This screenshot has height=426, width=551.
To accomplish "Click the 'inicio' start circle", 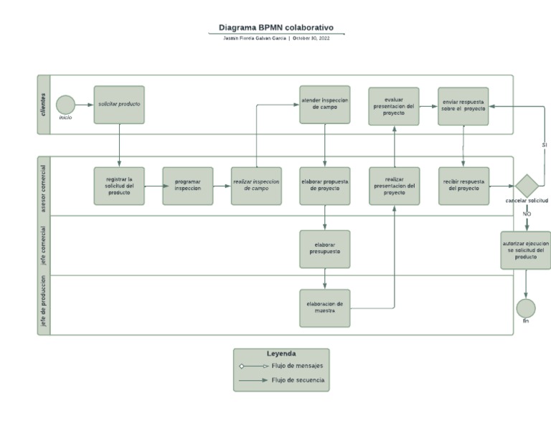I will pyautogui.click(x=65, y=105).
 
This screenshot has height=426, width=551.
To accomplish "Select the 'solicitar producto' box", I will pyautogui.click(x=119, y=105).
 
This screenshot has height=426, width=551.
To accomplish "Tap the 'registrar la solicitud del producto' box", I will pyautogui.click(x=119, y=186).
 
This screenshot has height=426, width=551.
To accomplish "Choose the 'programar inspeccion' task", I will pyautogui.click(x=188, y=186).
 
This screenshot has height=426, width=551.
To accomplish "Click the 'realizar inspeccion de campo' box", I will pyautogui.click(x=256, y=186).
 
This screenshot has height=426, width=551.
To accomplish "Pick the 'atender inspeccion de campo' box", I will pyautogui.click(x=325, y=105).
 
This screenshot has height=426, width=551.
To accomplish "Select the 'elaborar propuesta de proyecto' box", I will pyautogui.click(x=325, y=186).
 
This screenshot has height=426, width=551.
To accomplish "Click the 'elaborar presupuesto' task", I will pyautogui.click(x=325, y=249).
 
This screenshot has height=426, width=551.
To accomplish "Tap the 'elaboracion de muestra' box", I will pyautogui.click(x=325, y=308).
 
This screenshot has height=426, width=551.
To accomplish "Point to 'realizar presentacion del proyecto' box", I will pyautogui.click(x=394, y=186).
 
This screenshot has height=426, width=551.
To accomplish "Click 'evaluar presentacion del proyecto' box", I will pyautogui.click(x=394, y=106).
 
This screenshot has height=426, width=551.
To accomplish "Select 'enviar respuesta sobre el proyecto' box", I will pyautogui.click(x=463, y=106).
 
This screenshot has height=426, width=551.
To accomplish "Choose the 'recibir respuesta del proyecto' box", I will pyautogui.click(x=463, y=186).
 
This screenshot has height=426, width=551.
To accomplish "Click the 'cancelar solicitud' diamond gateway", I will pyautogui.click(x=527, y=185).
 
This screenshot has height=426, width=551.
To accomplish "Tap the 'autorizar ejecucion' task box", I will pyautogui.click(x=526, y=250).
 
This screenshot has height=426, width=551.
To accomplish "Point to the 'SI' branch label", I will pyautogui.click(x=545, y=145).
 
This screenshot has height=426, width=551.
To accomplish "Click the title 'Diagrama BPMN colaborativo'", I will pyautogui.click(x=276, y=28).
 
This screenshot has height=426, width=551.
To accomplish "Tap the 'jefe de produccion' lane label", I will pyautogui.click(x=44, y=305).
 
